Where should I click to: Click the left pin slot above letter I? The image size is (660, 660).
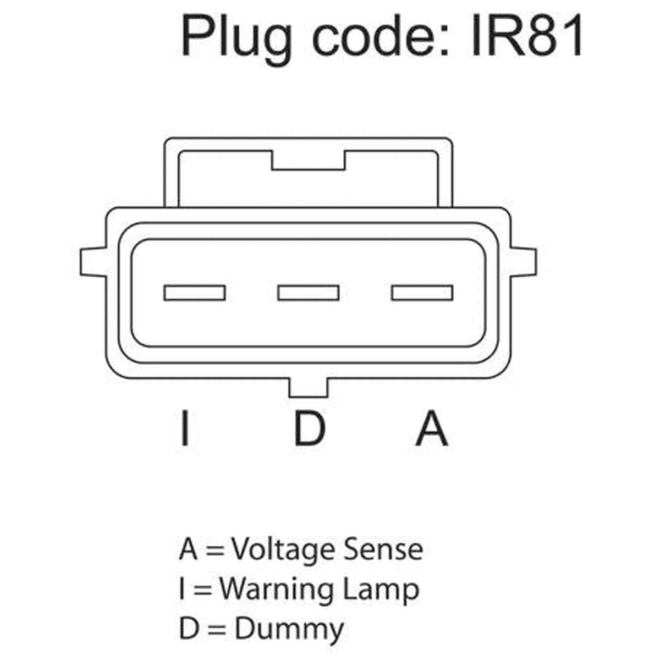[x=195, y=293]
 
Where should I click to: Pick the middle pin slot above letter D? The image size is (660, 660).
[x=308, y=293]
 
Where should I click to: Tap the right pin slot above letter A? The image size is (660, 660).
[x=422, y=293]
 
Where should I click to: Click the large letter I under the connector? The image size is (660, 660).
[x=185, y=427]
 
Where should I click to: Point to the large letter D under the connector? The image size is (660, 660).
[x=310, y=427]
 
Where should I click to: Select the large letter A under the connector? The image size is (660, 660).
[x=432, y=427]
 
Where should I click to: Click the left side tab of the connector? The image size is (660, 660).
[x=93, y=261]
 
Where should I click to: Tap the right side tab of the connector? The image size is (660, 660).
[x=524, y=261]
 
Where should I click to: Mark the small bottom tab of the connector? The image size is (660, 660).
[x=308, y=388]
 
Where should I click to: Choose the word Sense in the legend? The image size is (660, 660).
[x=383, y=549]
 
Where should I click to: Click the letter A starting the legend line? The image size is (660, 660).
[x=188, y=549]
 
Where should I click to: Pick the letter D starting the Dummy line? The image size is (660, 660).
[x=189, y=628]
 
